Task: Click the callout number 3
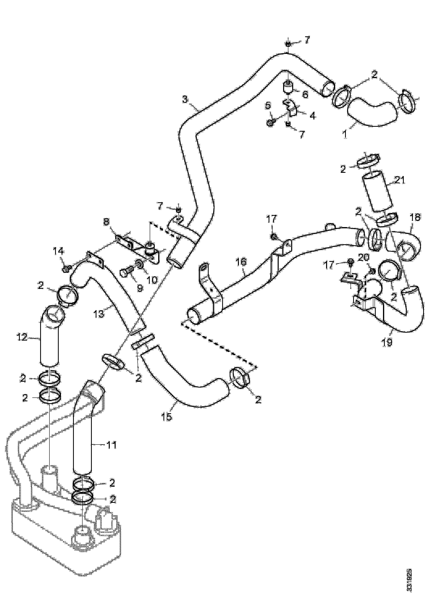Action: (x=185, y=99)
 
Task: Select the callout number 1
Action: (x=345, y=134)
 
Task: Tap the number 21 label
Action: (x=400, y=180)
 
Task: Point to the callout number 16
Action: (x=241, y=262)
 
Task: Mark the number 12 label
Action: (x=22, y=337)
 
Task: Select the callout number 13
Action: (x=99, y=315)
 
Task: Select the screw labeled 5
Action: (x=270, y=122)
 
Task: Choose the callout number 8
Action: (x=106, y=222)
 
